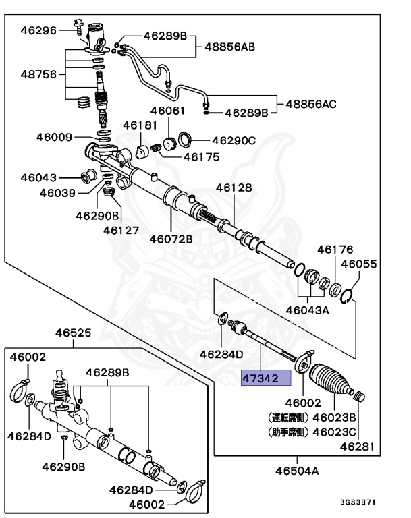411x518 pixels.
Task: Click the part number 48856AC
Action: tap(310, 104)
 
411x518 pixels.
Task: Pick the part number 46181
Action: tap(140, 125)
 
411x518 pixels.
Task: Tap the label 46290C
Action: tap(234, 140)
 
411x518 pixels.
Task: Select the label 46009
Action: tap(54, 137)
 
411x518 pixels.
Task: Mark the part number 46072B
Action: tap(171, 238)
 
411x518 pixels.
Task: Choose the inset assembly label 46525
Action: tap(73, 333)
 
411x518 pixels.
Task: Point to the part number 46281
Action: tap(357, 446)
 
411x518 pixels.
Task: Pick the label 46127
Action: tap(121, 229)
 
